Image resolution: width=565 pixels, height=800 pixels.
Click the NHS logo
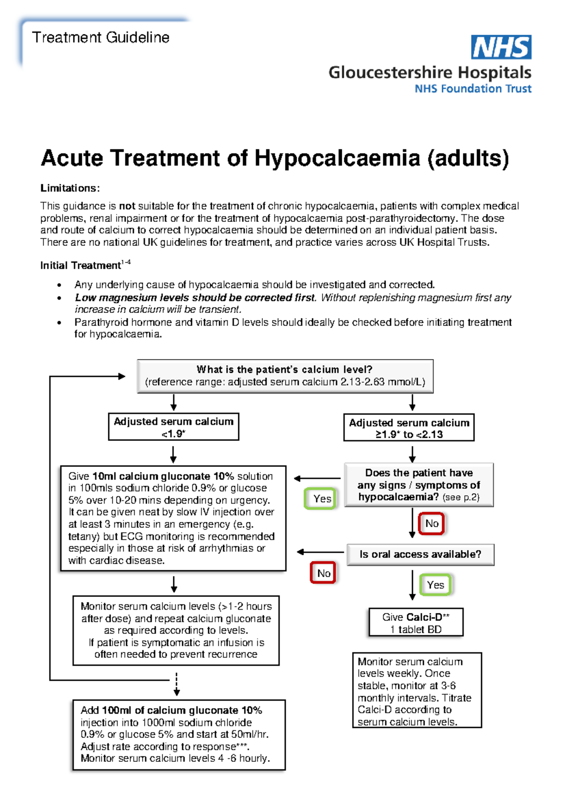tap(501, 47)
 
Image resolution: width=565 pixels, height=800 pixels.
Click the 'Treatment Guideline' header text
tap(101, 38)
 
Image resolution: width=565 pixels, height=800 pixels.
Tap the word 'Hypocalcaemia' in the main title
tap(337, 158)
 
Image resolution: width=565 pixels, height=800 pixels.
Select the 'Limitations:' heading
tap(70, 188)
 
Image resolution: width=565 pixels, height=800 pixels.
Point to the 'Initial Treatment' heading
tap(81, 265)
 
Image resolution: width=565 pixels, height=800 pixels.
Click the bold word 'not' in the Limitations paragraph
tap(127, 206)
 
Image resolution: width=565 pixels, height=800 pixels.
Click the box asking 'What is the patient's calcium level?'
tap(285, 376)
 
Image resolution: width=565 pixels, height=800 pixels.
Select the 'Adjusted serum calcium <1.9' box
tap(173, 427)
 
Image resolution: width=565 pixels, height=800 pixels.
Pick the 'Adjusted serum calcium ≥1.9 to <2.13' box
tap(409, 428)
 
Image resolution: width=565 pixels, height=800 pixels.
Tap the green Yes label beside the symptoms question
tap(322, 499)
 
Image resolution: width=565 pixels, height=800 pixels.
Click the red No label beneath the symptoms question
tap(431, 523)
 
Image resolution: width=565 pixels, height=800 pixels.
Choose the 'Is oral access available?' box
tap(420, 555)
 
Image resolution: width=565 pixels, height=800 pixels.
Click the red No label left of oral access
tap(323, 573)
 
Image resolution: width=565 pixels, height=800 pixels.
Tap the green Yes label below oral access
tap(435, 585)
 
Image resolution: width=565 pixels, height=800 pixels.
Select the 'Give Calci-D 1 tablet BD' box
tap(416, 623)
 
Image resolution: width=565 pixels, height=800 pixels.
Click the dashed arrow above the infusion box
tap(177, 684)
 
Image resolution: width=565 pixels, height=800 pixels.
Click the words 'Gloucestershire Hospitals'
tap(429, 73)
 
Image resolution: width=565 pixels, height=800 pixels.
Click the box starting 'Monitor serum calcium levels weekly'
tap(417, 691)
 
